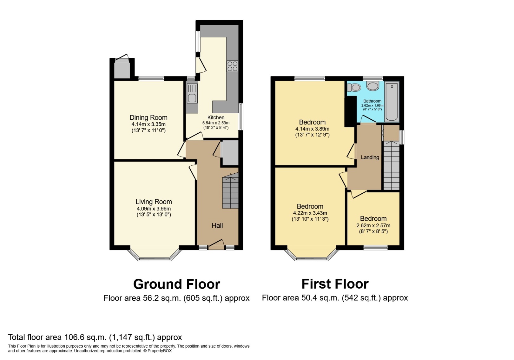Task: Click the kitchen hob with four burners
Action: coord(233,66)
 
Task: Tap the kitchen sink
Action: coord(192,93)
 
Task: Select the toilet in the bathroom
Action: coord(354,88)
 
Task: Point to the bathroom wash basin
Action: coord(372,86)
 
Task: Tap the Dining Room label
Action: coord(148,117)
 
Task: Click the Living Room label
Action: coord(154,202)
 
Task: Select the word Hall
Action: coord(217,225)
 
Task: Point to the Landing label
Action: coord(370,157)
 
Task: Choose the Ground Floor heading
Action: coord(177,284)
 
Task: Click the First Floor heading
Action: coord(335,284)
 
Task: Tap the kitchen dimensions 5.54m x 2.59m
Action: coord(216,123)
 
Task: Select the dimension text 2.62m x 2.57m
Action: coord(373,225)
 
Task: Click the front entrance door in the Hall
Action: coord(216,245)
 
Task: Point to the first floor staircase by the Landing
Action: coord(392,166)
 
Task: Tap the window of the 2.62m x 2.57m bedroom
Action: coord(375,248)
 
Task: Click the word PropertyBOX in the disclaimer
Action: coord(160,351)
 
